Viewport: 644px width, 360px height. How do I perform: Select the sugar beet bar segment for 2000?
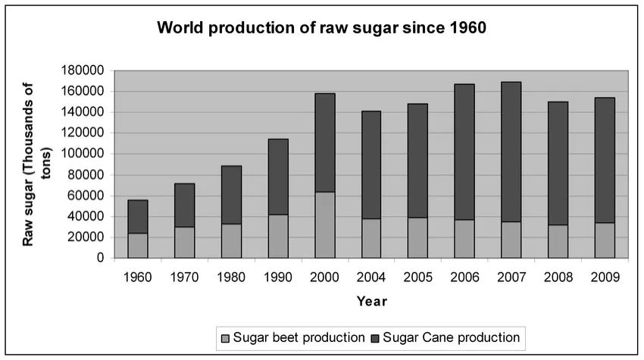pyautogui.click(x=324, y=225)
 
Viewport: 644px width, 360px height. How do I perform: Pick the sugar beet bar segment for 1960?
pyautogui.click(x=137, y=246)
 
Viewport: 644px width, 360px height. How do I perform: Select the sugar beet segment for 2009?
pyautogui.click(x=604, y=240)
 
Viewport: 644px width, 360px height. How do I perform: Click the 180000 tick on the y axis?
pyautogui.click(x=83, y=70)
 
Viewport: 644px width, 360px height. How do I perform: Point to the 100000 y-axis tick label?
pyautogui.click(x=83, y=154)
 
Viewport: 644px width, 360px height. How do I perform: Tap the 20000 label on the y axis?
pyautogui.click(x=86, y=237)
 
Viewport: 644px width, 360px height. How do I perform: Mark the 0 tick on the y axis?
pyautogui.click(x=100, y=258)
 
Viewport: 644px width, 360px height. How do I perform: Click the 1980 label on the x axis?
pyautogui.click(x=230, y=277)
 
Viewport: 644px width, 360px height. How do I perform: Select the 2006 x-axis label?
pyautogui.click(x=464, y=277)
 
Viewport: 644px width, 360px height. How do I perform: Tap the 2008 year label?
pyautogui.click(x=558, y=277)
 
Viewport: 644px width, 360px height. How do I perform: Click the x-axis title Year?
pyautogui.click(x=371, y=302)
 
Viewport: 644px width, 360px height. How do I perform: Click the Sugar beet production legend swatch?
pyautogui.click(x=224, y=337)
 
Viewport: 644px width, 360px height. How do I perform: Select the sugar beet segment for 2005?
pyautogui.click(x=417, y=238)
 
